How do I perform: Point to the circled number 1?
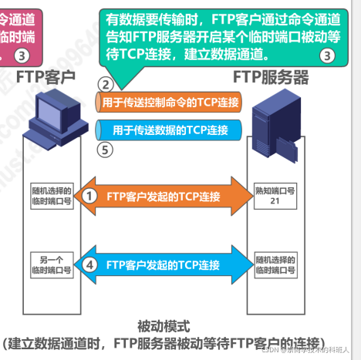[x=90, y=196]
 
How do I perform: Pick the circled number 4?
[x=90, y=264]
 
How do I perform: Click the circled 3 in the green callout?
[x=327, y=56]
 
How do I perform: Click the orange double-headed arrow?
[x=170, y=196]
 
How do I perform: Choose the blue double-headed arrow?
[x=170, y=264]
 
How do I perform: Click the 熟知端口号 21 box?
[x=274, y=196]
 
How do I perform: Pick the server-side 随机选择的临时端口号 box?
[x=274, y=264]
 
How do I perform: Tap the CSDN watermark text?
[x=309, y=351]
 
